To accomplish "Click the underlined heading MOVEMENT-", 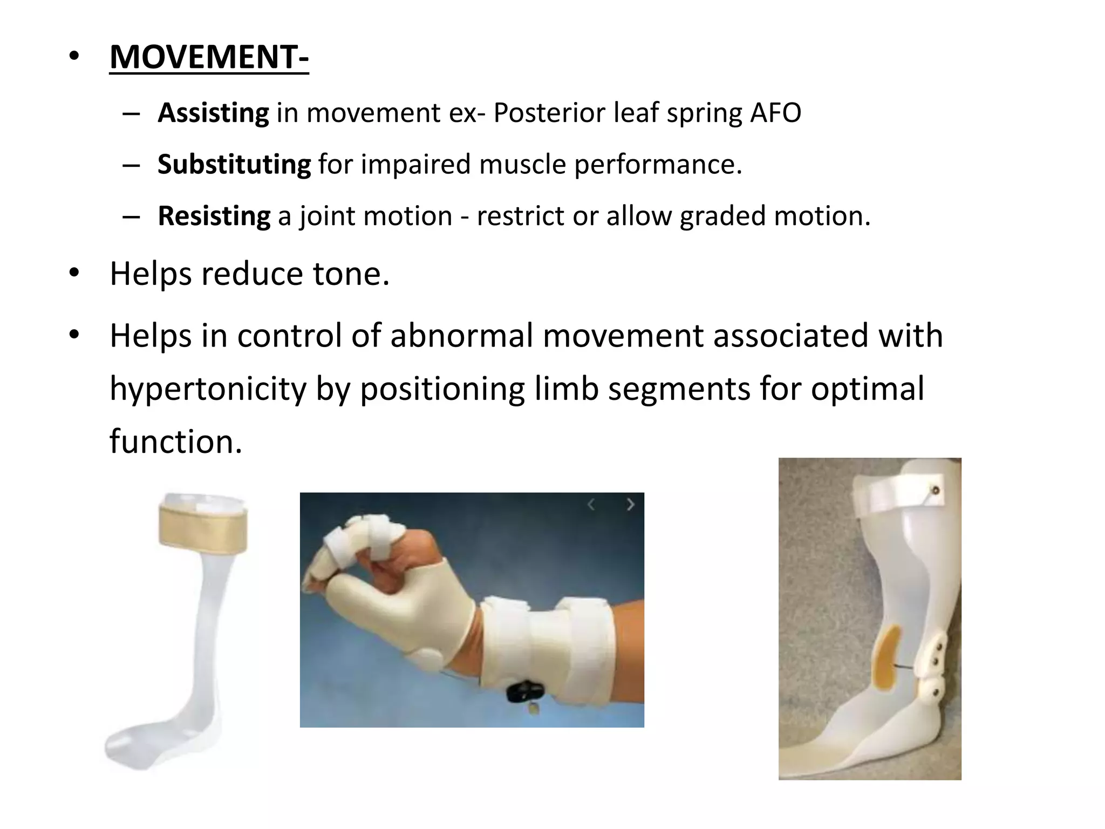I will coord(209,57).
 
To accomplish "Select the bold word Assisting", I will coord(213,113).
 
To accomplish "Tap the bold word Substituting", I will coord(234,165).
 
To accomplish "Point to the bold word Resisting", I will coord(214,216).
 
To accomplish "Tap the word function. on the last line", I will coord(176,442).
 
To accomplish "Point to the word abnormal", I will coord(462,336).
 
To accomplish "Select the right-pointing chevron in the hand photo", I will coord(630,505).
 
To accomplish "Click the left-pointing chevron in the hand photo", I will coord(591,505).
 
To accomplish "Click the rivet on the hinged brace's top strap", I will coord(936,490).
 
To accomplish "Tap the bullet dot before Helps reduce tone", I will coord(74,273).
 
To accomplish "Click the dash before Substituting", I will coord(131,165).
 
